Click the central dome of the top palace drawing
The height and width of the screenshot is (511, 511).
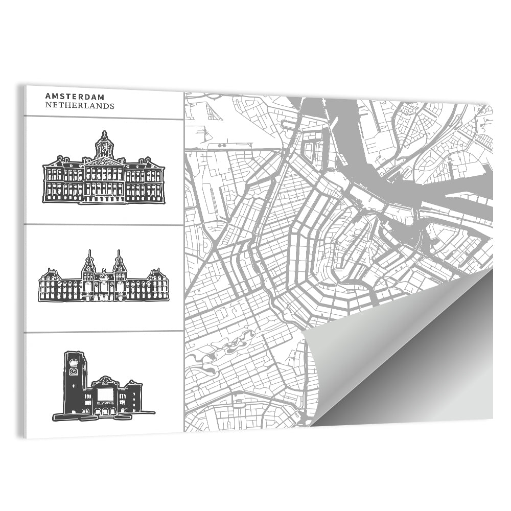(104, 144)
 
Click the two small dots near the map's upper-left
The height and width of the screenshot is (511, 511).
(221, 146)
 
